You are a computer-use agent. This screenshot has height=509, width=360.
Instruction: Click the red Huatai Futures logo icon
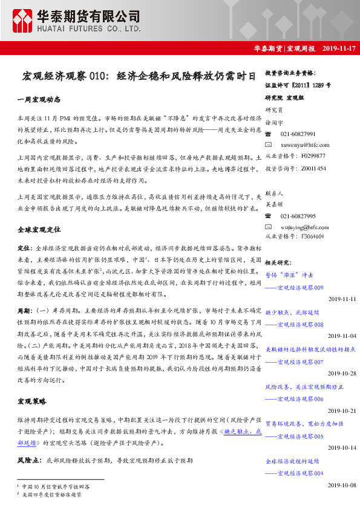[x=24, y=21]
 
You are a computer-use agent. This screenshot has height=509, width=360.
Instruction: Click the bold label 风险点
[x=28, y=460]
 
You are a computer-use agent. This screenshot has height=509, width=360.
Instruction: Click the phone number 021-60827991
[x=298, y=134]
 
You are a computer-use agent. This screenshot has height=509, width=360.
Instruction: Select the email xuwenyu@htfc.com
[x=305, y=145]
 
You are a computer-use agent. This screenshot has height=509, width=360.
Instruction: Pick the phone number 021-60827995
[x=298, y=216]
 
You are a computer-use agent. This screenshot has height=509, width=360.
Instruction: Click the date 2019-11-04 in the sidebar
[x=342, y=336]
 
